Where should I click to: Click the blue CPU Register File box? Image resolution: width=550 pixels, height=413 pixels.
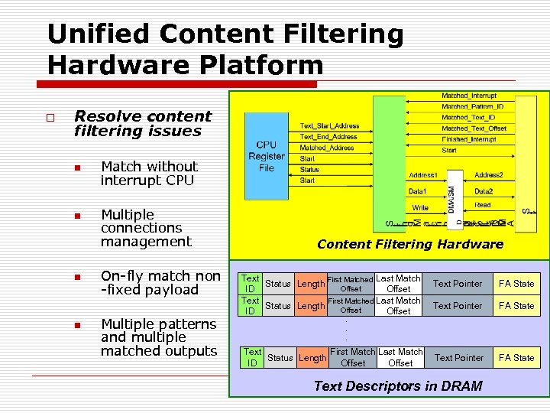[267, 156]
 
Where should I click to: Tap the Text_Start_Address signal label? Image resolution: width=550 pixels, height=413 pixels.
[329, 125]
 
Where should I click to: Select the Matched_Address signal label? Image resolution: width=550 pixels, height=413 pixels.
[327, 148]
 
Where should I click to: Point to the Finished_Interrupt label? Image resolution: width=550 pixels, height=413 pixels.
[468, 139]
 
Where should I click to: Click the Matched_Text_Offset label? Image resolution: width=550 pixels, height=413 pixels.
[474, 128]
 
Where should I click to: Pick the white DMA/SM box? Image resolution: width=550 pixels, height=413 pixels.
[451, 198]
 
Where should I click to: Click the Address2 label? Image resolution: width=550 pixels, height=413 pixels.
[489, 175]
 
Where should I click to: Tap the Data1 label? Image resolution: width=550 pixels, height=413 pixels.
[418, 191]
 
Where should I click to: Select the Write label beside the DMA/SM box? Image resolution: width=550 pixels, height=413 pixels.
[421, 207]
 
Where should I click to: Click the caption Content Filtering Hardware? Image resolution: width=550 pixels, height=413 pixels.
[410, 244]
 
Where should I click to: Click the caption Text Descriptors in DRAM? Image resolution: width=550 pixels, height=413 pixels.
[398, 385]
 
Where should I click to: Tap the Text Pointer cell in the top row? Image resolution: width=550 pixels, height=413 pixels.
[458, 284]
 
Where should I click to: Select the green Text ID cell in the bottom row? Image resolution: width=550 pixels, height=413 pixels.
[253, 357]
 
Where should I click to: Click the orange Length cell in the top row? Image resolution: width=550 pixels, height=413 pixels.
[311, 284]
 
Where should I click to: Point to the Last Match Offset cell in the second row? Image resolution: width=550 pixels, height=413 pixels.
[399, 306]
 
